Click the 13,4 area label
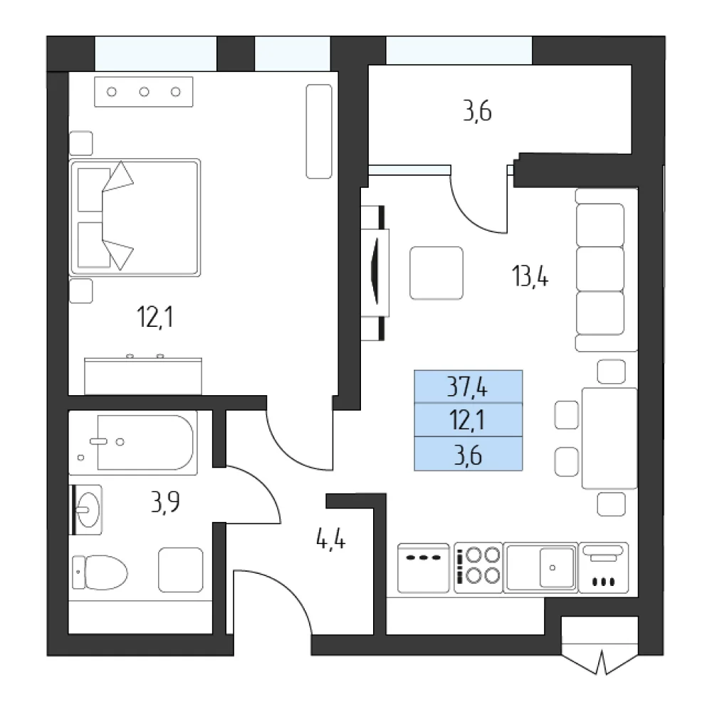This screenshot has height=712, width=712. pyautogui.click(x=530, y=276)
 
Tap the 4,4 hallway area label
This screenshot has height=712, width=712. pyautogui.click(x=330, y=540)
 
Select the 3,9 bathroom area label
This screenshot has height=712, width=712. pyautogui.click(x=165, y=502)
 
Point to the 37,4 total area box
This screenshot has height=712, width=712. pyautogui.click(x=468, y=387)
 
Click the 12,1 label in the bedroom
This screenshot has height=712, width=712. pyautogui.click(x=155, y=317)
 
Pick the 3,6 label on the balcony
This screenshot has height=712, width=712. pyautogui.click(x=477, y=111)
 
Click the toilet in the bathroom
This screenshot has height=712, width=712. pyautogui.click(x=100, y=572)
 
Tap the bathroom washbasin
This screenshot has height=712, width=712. pyautogui.click(x=87, y=510)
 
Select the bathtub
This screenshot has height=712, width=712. pyautogui.click(x=133, y=443)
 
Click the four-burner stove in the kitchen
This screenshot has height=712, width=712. pyautogui.click(x=478, y=567)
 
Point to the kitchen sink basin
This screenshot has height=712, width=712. pyautogui.click(x=557, y=567)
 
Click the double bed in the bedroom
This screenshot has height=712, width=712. pyautogui.click(x=135, y=217)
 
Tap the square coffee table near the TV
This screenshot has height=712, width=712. pyautogui.click(x=436, y=273)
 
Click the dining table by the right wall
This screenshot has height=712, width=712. pyautogui.click(x=609, y=438)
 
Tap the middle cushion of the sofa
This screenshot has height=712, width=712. pyautogui.click(x=600, y=269)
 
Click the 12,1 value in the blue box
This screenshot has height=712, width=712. pyautogui.click(x=467, y=420)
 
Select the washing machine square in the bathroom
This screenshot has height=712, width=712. pyautogui.click(x=181, y=570)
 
